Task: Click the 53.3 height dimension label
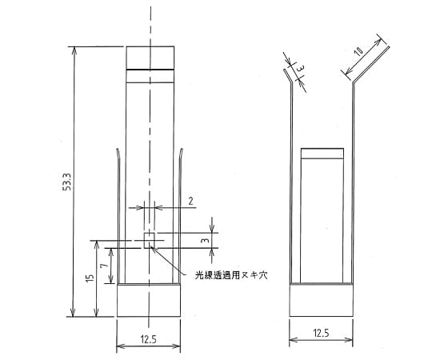[68, 182]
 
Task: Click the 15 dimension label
[90, 278]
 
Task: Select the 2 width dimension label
[191, 202]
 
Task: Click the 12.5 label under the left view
[147, 339]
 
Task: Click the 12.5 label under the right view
[319, 331]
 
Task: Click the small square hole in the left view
[148, 239]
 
